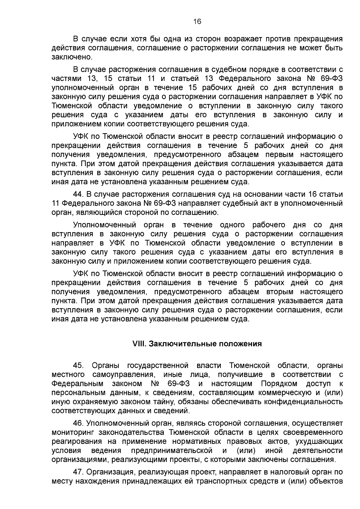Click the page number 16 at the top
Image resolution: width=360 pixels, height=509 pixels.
(x=197, y=21)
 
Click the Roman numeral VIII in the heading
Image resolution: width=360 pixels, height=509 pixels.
(x=138, y=344)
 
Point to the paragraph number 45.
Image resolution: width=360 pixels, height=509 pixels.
(x=78, y=366)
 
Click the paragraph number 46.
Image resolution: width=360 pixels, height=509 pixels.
(x=78, y=423)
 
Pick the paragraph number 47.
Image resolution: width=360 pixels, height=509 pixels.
(x=78, y=472)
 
